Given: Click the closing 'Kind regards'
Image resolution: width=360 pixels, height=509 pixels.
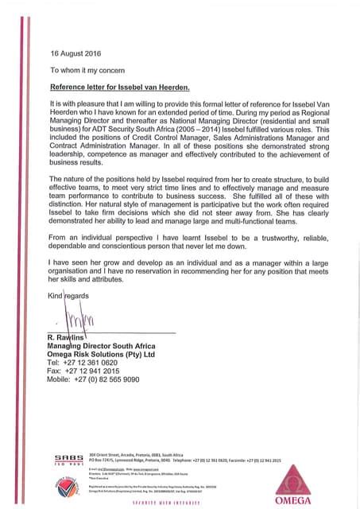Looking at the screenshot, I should [x=70, y=296].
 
